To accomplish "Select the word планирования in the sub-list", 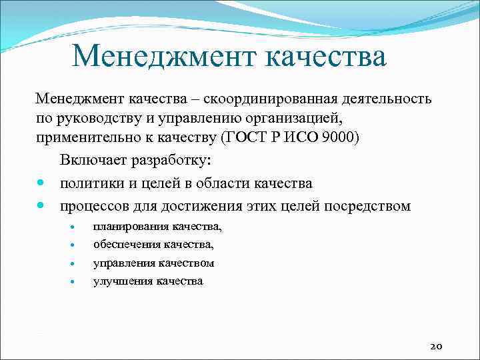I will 131,227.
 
